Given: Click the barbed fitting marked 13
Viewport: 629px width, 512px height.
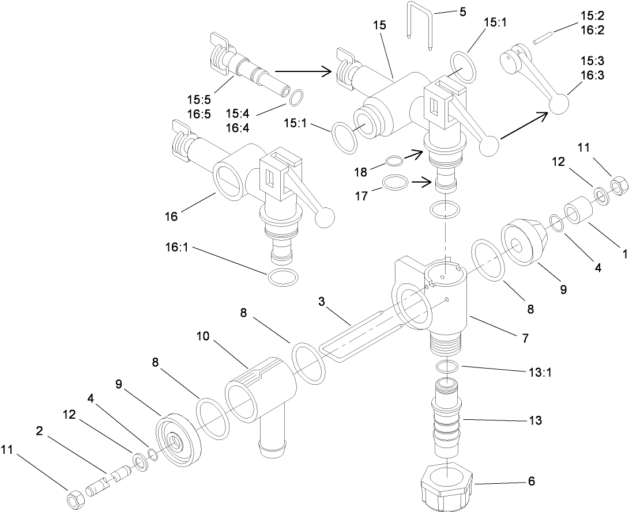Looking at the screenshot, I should pyautogui.click(x=446, y=420).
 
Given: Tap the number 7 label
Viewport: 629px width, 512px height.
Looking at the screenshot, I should pyautogui.click(x=525, y=339).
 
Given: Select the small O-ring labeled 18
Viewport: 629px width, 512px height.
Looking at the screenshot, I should pyautogui.click(x=394, y=161).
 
